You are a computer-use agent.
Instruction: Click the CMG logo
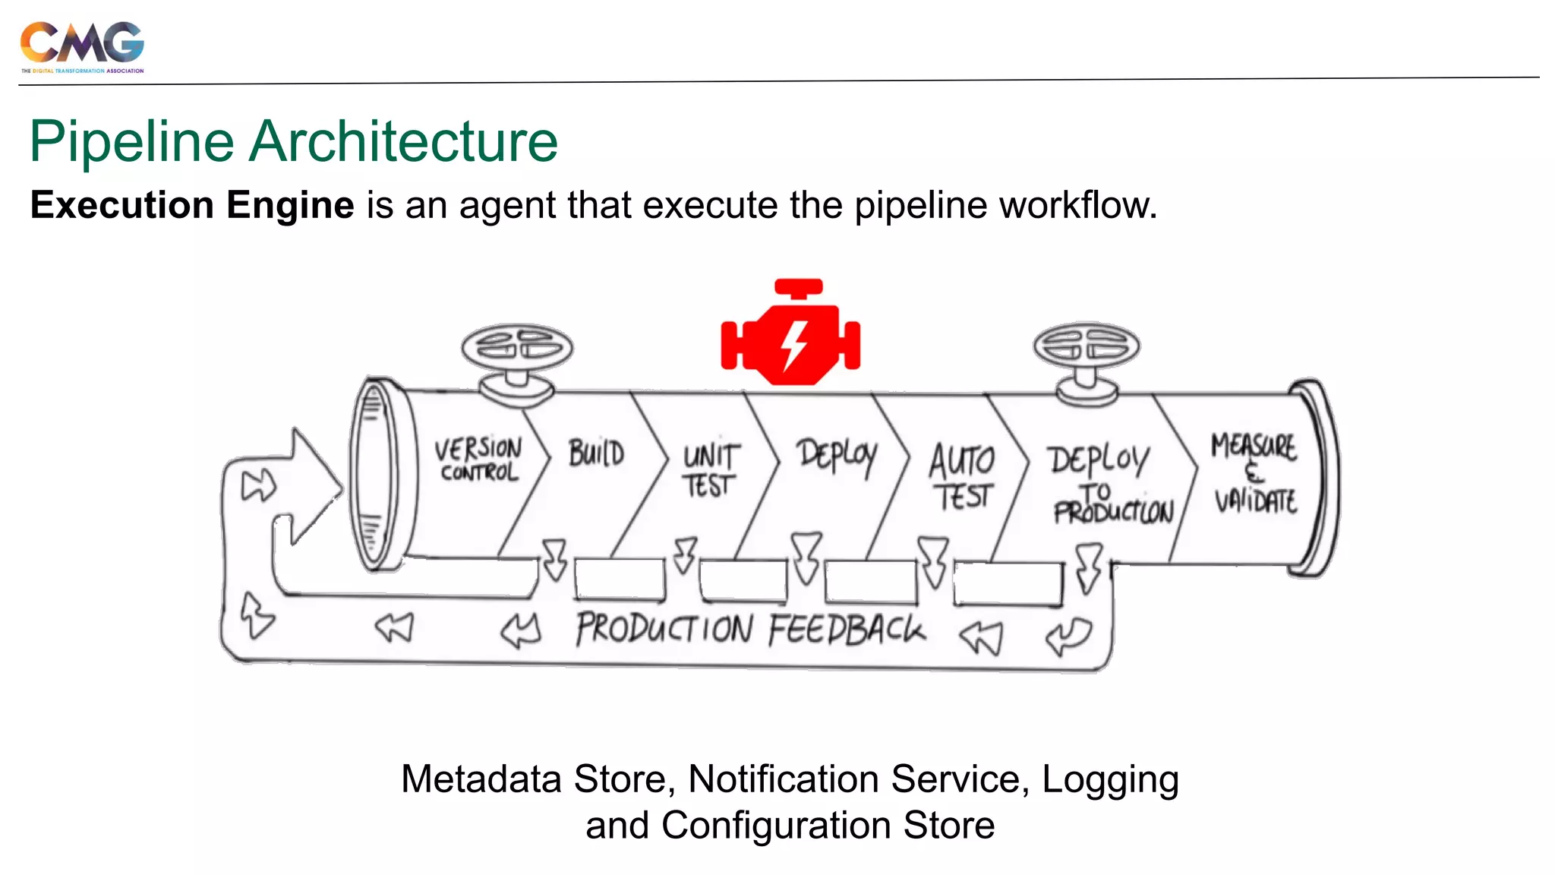pos(82,46)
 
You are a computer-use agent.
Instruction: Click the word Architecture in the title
pos(404,142)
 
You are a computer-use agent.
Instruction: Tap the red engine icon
pos(790,334)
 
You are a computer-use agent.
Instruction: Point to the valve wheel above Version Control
pos(517,347)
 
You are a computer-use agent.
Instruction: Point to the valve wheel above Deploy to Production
pos(1087,346)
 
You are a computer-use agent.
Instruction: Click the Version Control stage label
pos(478,460)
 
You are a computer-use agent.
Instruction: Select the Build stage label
pos(597,453)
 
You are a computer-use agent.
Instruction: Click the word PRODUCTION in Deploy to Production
pos(1113,513)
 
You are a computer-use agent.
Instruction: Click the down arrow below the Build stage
pos(555,561)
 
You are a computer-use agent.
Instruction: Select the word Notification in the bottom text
pos(784,780)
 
